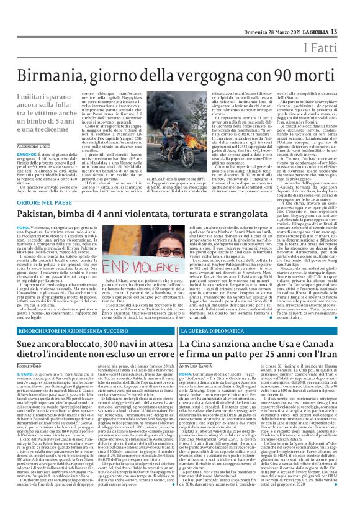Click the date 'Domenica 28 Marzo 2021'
click(268, 32)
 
